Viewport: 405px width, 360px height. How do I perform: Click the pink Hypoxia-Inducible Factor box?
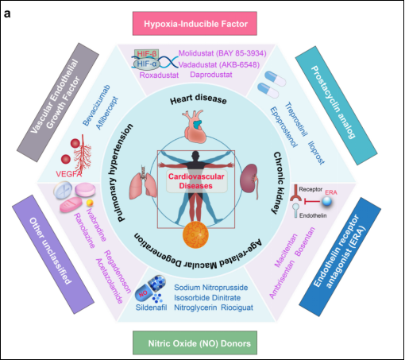pos(195,23)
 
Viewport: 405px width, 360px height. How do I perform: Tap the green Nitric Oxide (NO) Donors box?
pos(195,343)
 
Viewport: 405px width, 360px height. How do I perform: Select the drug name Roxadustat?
pos(159,75)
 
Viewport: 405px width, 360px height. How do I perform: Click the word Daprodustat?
pos(211,75)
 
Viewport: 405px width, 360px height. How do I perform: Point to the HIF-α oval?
pos(146,64)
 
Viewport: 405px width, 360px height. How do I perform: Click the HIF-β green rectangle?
pos(146,54)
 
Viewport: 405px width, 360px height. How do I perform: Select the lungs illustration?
pos(143,182)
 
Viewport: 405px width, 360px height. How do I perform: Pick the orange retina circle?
pos(195,234)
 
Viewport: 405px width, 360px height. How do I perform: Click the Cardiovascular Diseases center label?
pos(196,181)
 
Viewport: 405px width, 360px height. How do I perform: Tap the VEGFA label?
pos(68,174)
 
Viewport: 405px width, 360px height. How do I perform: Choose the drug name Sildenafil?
pos(151,308)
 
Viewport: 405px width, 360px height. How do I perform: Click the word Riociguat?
pos(237,308)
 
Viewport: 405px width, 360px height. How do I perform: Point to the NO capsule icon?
pos(150,288)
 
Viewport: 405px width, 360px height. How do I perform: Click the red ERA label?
pos(331,192)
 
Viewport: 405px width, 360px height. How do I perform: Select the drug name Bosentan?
pos(305,242)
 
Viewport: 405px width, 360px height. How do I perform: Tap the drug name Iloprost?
pos(316,153)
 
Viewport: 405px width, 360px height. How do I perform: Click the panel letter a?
pos(7,14)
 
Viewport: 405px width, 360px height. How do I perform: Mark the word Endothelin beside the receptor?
pos(313,215)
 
